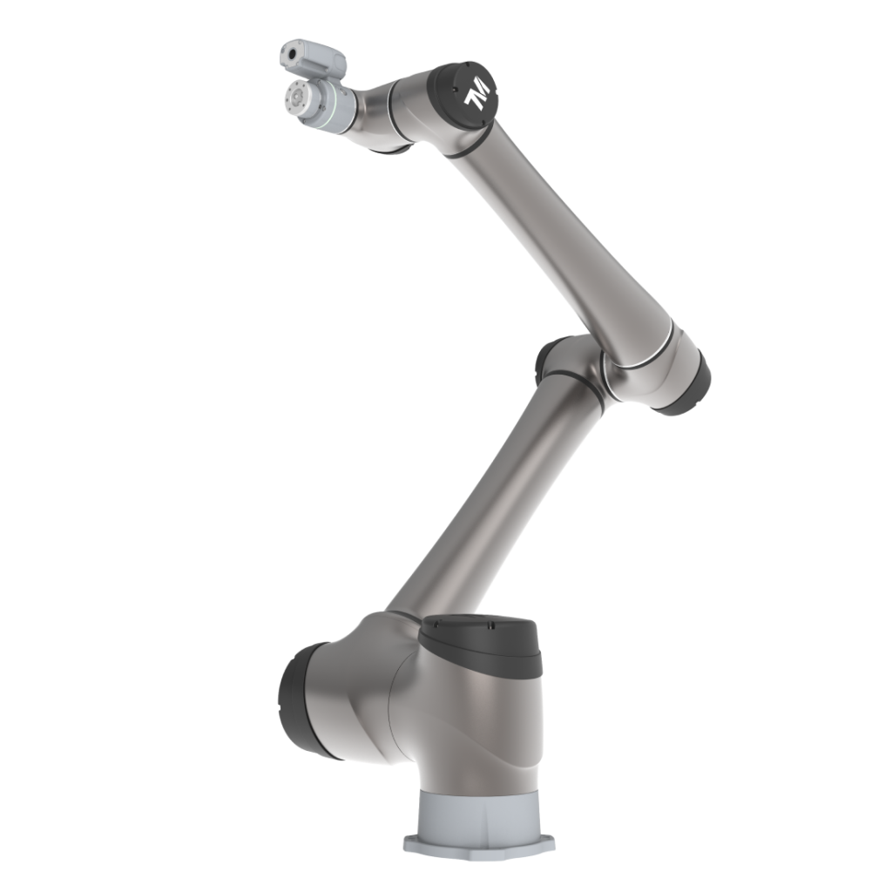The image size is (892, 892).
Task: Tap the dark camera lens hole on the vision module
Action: (x=293, y=55)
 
